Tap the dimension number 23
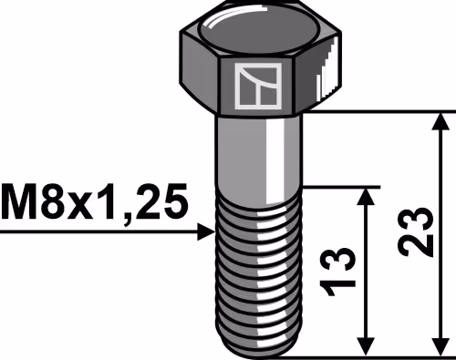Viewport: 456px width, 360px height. coord(415,232)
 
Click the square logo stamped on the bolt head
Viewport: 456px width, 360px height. coord(258,86)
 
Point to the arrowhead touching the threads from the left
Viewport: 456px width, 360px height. coord(206,231)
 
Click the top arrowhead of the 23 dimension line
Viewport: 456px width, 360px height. coord(440,121)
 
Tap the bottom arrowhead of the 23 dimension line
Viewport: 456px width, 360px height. coord(440,346)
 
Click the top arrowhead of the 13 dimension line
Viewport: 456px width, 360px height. coord(365,197)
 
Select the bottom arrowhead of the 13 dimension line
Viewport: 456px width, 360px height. coord(365,346)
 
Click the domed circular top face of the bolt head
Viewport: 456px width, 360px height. coord(258,31)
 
